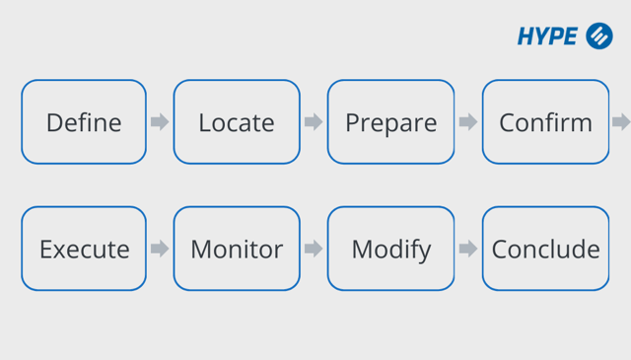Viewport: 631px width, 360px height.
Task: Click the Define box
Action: (x=84, y=122)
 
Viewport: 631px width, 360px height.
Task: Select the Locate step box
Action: (x=237, y=122)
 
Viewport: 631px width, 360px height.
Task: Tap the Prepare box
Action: (x=390, y=122)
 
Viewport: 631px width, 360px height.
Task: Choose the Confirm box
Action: (x=545, y=122)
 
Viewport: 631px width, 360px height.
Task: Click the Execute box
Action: (x=84, y=249)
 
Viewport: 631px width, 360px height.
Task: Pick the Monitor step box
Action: (x=237, y=249)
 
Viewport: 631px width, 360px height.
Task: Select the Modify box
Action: (x=390, y=249)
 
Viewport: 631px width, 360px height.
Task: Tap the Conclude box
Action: (x=545, y=249)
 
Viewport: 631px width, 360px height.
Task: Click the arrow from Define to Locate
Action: (x=160, y=122)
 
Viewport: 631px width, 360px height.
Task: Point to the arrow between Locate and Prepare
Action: (x=314, y=122)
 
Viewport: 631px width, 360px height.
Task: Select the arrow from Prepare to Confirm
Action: (x=468, y=122)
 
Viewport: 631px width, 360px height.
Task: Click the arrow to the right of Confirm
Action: (x=621, y=122)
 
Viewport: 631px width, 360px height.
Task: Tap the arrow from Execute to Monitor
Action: (x=160, y=249)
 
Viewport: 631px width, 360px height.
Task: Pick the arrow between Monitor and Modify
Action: (x=314, y=249)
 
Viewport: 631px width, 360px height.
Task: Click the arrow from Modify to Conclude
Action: (x=468, y=249)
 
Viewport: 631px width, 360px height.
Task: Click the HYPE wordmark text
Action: (x=547, y=36)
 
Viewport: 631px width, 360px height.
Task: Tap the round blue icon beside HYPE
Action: (x=598, y=36)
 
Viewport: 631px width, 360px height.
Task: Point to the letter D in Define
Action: (x=54, y=122)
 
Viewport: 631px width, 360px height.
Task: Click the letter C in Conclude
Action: (x=500, y=250)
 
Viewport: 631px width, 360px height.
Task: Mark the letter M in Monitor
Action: (x=202, y=249)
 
